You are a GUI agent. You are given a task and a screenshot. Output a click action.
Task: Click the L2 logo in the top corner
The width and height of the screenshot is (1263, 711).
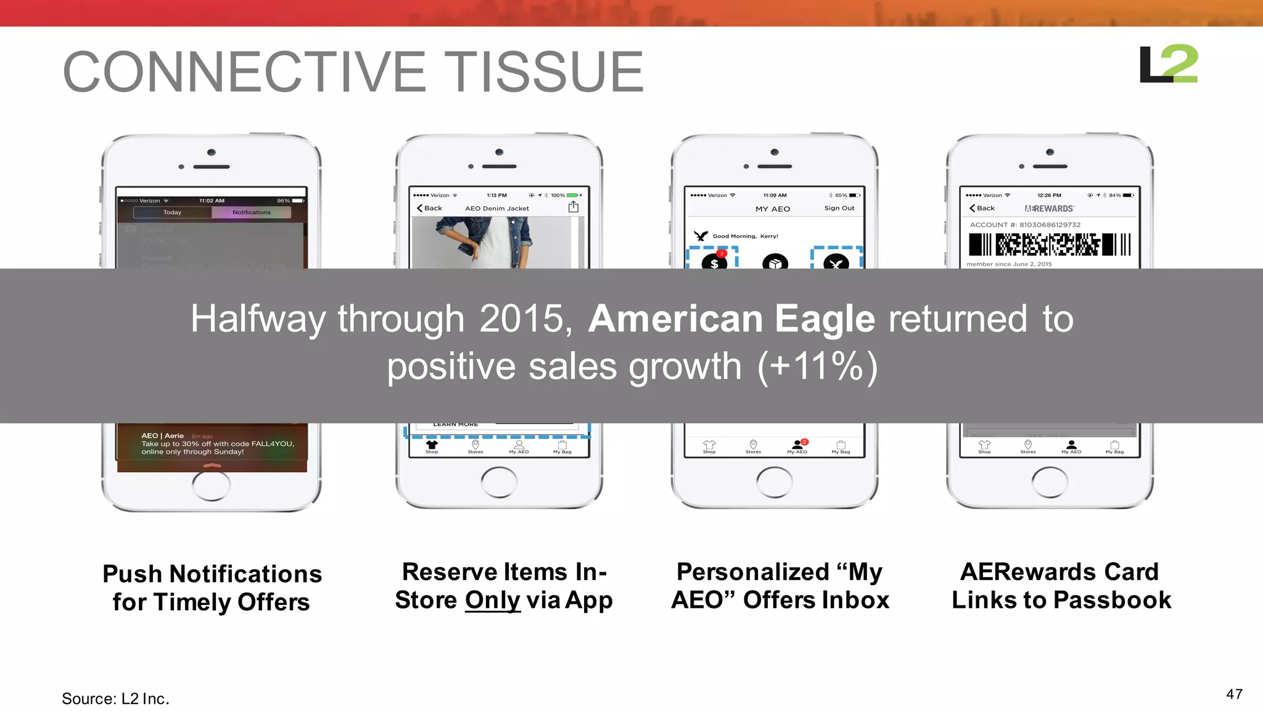pyautogui.click(x=1168, y=64)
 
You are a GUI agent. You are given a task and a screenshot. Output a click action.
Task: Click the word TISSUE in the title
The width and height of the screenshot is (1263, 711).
pyautogui.click(x=544, y=73)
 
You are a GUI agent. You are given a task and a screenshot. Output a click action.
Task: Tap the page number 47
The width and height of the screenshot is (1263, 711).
pyautogui.click(x=1234, y=694)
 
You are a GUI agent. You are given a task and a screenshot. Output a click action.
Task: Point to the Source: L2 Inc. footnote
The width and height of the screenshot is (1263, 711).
pyautogui.click(x=115, y=699)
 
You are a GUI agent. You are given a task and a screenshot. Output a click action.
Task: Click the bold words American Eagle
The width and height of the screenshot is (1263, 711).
pyautogui.click(x=731, y=319)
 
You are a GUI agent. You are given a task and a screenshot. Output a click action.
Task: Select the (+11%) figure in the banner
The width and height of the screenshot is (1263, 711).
pyautogui.click(x=817, y=367)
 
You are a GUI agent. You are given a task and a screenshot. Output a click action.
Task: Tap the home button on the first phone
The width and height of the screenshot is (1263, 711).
pyautogui.click(x=211, y=485)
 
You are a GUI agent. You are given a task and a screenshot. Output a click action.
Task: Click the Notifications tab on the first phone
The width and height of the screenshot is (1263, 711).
pyautogui.click(x=251, y=212)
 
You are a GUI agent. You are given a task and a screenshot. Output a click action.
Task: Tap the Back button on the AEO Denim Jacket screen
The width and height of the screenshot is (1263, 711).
pyautogui.click(x=429, y=209)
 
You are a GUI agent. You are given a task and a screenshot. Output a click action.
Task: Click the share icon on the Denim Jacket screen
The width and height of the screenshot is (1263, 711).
pyautogui.click(x=574, y=207)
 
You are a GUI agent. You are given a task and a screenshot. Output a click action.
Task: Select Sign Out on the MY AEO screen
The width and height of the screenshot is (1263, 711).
pyautogui.click(x=839, y=209)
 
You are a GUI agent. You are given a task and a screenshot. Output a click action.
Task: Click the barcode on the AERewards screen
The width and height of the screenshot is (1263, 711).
pyautogui.click(x=1050, y=245)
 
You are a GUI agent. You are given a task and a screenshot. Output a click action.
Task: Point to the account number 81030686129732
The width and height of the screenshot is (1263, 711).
pyautogui.click(x=1050, y=225)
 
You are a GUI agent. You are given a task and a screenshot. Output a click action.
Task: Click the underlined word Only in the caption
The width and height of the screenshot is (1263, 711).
pyautogui.click(x=492, y=601)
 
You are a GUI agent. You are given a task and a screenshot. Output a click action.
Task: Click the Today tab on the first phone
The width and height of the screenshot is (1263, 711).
pyautogui.click(x=172, y=212)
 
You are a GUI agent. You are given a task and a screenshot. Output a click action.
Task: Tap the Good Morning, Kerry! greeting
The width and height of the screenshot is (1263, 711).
pyautogui.click(x=745, y=236)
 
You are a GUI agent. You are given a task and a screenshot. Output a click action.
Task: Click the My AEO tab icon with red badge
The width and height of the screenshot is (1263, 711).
pyautogui.click(x=798, y=444)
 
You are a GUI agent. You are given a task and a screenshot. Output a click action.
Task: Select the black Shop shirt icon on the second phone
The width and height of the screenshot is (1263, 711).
pyautogui.click(x=432, y=444)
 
